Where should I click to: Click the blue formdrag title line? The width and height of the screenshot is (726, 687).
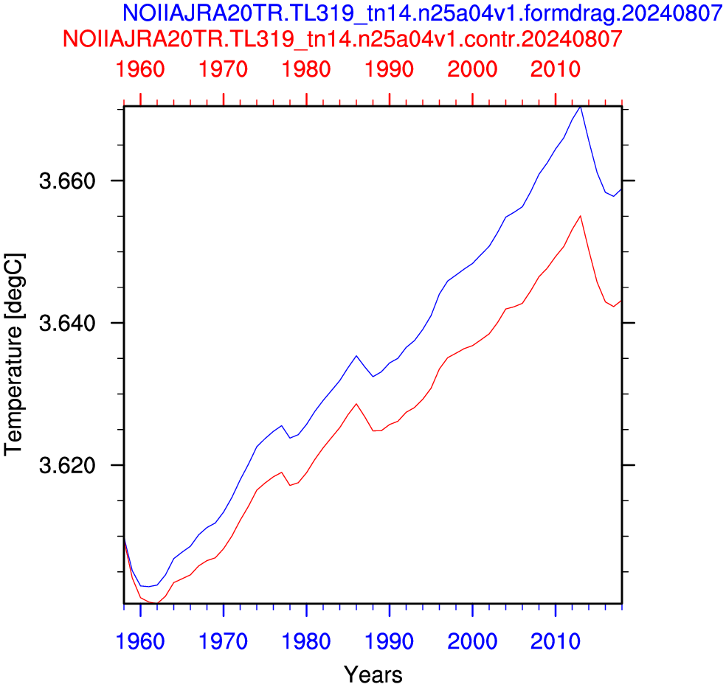pyautogui.click(x=422, y=13)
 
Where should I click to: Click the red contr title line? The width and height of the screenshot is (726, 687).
pyautogui.click(x=342, y=39)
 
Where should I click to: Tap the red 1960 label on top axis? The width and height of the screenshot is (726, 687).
pyautogui.click(x=140, y=69)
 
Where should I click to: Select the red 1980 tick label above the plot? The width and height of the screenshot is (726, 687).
pyautogui.click(x=306, y=69)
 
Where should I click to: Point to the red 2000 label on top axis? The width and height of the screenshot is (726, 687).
pyautogui.click(x=472, y=69)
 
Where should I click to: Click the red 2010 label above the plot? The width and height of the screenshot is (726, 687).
pyautogui.click(x=555, y=69)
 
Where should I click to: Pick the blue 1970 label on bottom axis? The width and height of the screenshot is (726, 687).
pyautogui.click(x=223, y=641)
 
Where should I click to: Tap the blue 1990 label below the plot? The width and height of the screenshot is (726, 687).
pyautogui.click(x=389, y=641)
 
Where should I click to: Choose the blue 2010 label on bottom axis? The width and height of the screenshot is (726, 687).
pyautogui.click(x=555, y=641)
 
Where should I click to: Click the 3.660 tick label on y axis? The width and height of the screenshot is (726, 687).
pyautogui.click(x=68, y=181)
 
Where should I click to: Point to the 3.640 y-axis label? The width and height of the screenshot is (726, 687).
pyautogui.click(x=68, y=323)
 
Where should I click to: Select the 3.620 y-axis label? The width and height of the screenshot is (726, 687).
pyautogui.click(x=68, y=465)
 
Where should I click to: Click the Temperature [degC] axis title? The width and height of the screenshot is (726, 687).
pyautogui.click(x=13, y=355)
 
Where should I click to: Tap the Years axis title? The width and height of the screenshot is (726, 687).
pyautogui.click(x=373, y=675)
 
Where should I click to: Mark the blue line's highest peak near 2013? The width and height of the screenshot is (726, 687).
pyautogui.click(x=580, y=107)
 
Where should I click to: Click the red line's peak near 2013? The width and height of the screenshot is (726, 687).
pyautogui.click(x=580, y=216)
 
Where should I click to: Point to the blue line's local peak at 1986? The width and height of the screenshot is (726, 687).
pyautogui.click(x=356, y=356)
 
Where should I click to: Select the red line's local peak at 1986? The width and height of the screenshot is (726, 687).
pyautogui.click(x=356, y=404)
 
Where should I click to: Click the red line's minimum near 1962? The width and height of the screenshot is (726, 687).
pyautogui.click(x=156, y=603)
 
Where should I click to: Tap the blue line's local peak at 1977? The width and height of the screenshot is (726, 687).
pyautogui.click(x=281, y=425)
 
